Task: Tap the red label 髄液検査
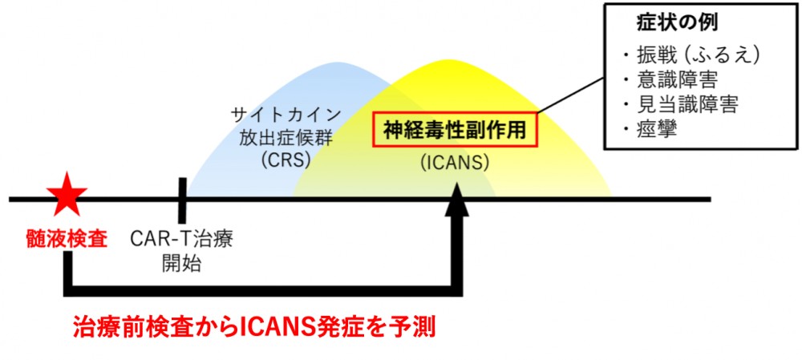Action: point(66,238)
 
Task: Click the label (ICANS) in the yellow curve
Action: point(452,163)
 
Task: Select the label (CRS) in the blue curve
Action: point(286,159)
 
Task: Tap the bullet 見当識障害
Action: point(681,104)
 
